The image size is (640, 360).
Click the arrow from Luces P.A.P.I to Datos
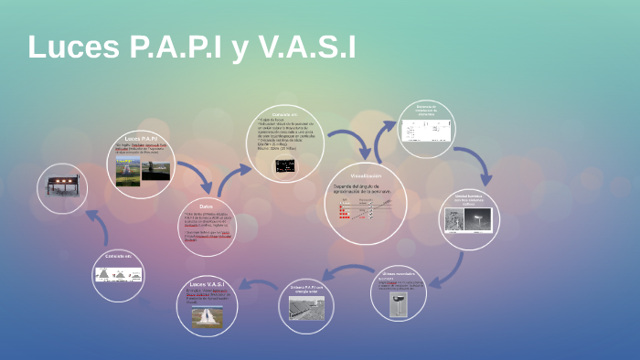[192, 174]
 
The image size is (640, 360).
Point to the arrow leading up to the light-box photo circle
[97, 223]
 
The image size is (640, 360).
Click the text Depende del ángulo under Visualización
[360, 187]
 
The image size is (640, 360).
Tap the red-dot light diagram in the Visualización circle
[352, 211]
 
